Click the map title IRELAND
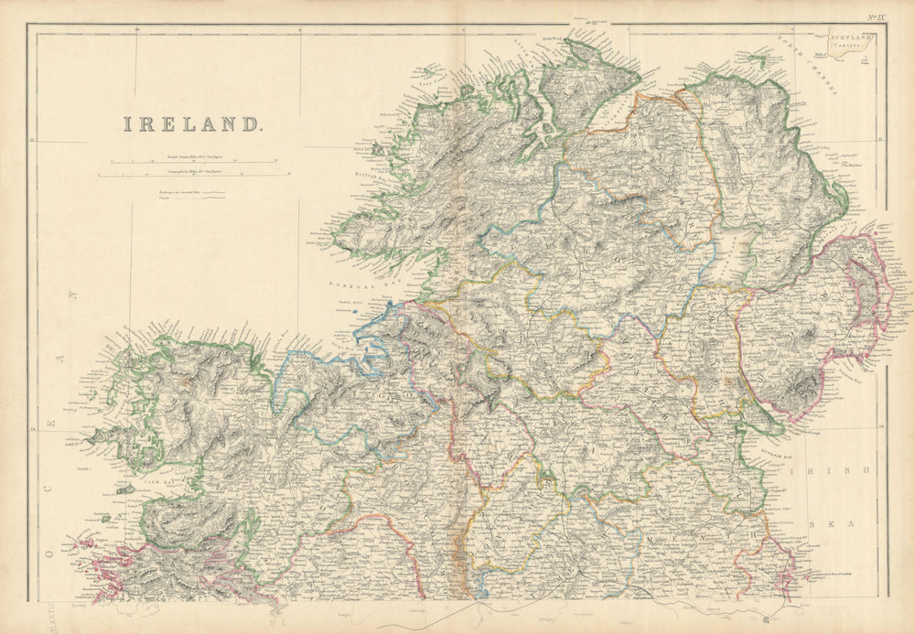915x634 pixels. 193,123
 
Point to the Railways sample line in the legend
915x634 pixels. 212,194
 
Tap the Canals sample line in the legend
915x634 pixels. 212,202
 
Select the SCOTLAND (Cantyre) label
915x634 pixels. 851,39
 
